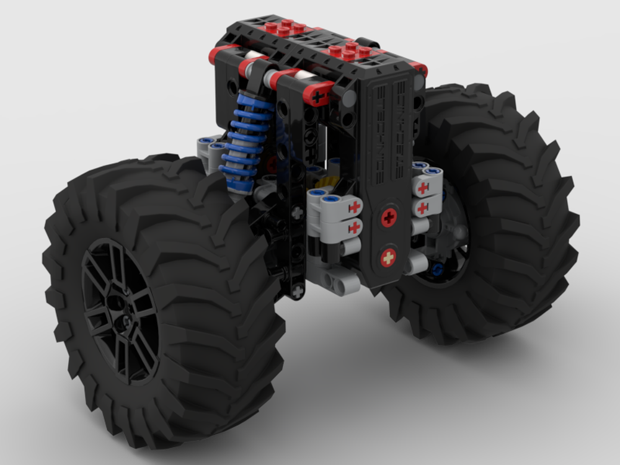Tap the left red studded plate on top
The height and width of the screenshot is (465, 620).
pos(283,29)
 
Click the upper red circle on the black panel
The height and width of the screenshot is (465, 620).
pos(389,217)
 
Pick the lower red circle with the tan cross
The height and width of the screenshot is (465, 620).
pos(388,257)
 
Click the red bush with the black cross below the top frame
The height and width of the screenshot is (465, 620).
pos(319,96)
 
